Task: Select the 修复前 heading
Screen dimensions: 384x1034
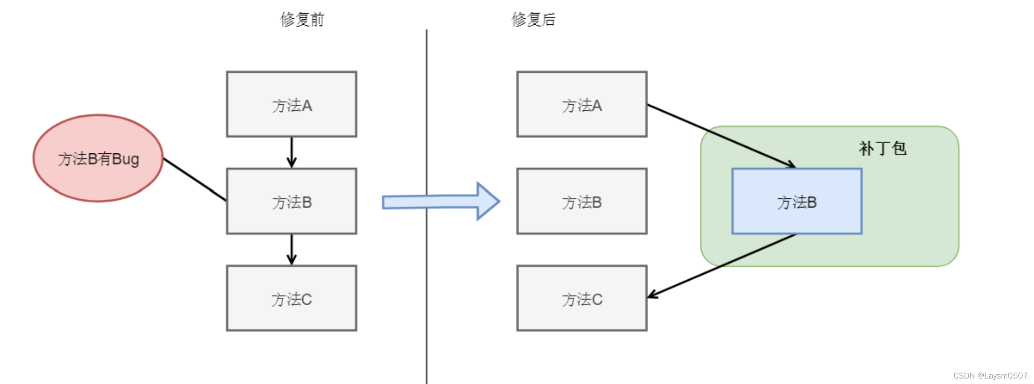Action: coord(302,20)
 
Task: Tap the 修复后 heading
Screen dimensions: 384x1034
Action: coord(533,20)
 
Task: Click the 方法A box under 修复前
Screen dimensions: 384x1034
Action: coord(292,104)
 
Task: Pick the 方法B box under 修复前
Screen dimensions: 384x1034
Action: coord(292,201)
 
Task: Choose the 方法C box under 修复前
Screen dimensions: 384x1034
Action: coord(292,298)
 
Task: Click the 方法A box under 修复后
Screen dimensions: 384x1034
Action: coord(582,104)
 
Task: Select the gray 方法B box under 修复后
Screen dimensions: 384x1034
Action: coord(582,201)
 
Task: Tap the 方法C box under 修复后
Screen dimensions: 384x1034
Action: coord(582,298)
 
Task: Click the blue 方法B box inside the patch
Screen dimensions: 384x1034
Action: coord(797,201)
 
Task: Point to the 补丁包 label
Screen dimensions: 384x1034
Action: coord(882,149)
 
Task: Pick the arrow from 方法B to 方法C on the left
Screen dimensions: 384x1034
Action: coord(292,249)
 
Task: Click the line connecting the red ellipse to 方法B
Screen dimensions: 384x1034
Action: coord(195,179)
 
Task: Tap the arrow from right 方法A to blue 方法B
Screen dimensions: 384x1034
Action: coord(720,135)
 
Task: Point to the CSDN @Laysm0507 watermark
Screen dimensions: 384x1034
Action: coord(990,375)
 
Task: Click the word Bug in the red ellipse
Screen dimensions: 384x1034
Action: coord(126,159)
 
